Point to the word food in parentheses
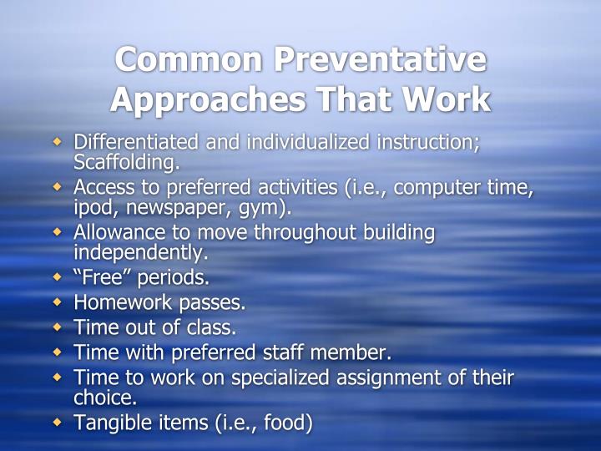pos(285,423)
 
